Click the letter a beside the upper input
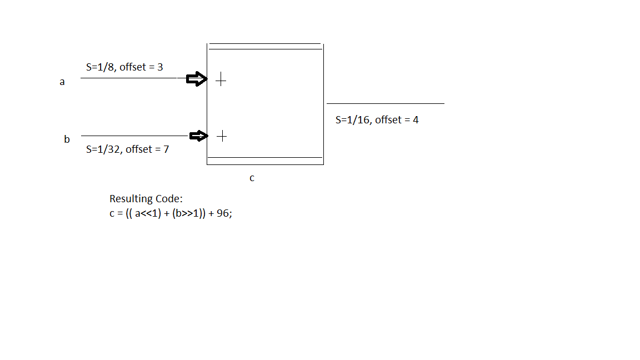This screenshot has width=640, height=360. (x=62, y=82)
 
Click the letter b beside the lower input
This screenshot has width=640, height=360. (x=67, y=139)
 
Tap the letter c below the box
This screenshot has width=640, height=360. (x=252, y=178)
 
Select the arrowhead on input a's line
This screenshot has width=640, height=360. (x=197, y=79)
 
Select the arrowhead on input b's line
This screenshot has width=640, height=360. (x=198, y=136)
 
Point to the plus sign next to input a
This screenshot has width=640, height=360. (x=221, y=80)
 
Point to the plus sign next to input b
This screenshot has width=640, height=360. (x=222, y=136)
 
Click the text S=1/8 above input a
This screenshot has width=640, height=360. (x=100, y=67)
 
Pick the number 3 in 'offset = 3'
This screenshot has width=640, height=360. (x=160, y=67)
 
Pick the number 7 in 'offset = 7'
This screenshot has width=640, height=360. (x=166, y=149)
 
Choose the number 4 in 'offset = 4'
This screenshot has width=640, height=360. (x=416, y=120)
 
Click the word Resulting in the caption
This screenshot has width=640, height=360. (x=131, y=199)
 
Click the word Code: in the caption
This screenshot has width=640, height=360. (x=169, y=199)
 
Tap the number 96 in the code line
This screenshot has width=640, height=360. (x=222, y=213)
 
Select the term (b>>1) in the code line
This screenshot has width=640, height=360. (x=186, y=213)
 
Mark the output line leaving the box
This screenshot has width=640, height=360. (x=386, y=103)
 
